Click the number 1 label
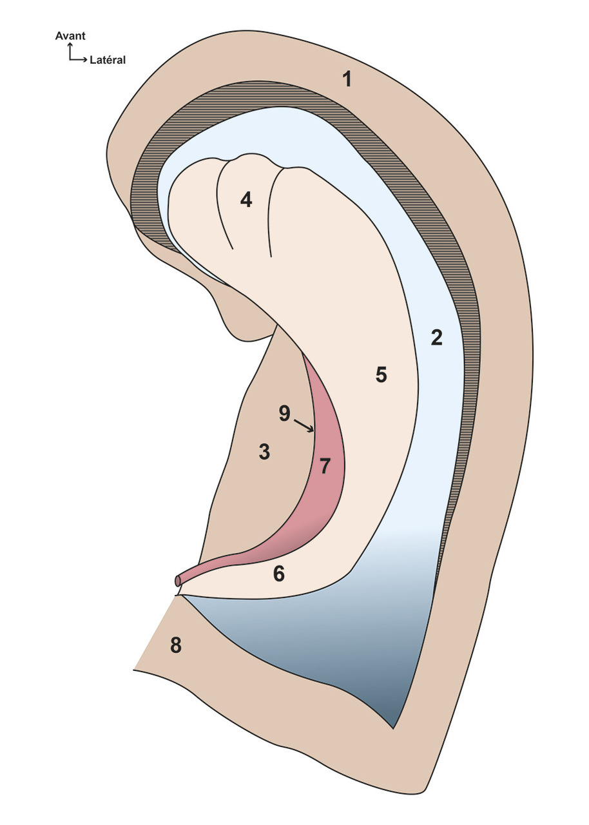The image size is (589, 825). point(347,80)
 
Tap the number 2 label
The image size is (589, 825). point(436,338)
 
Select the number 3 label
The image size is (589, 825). point(264,452)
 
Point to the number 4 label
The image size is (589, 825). point(246,200)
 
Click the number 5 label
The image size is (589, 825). point(381,375)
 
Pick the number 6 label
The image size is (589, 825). point(278,574)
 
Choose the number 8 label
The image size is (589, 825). point(175,645)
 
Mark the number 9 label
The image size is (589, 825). point(284,414)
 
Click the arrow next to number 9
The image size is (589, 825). point(304,426)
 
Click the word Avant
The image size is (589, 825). point(70,37)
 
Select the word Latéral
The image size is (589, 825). point(108,60)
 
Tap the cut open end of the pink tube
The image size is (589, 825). point(178,581)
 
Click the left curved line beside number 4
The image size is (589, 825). point(222,206)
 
